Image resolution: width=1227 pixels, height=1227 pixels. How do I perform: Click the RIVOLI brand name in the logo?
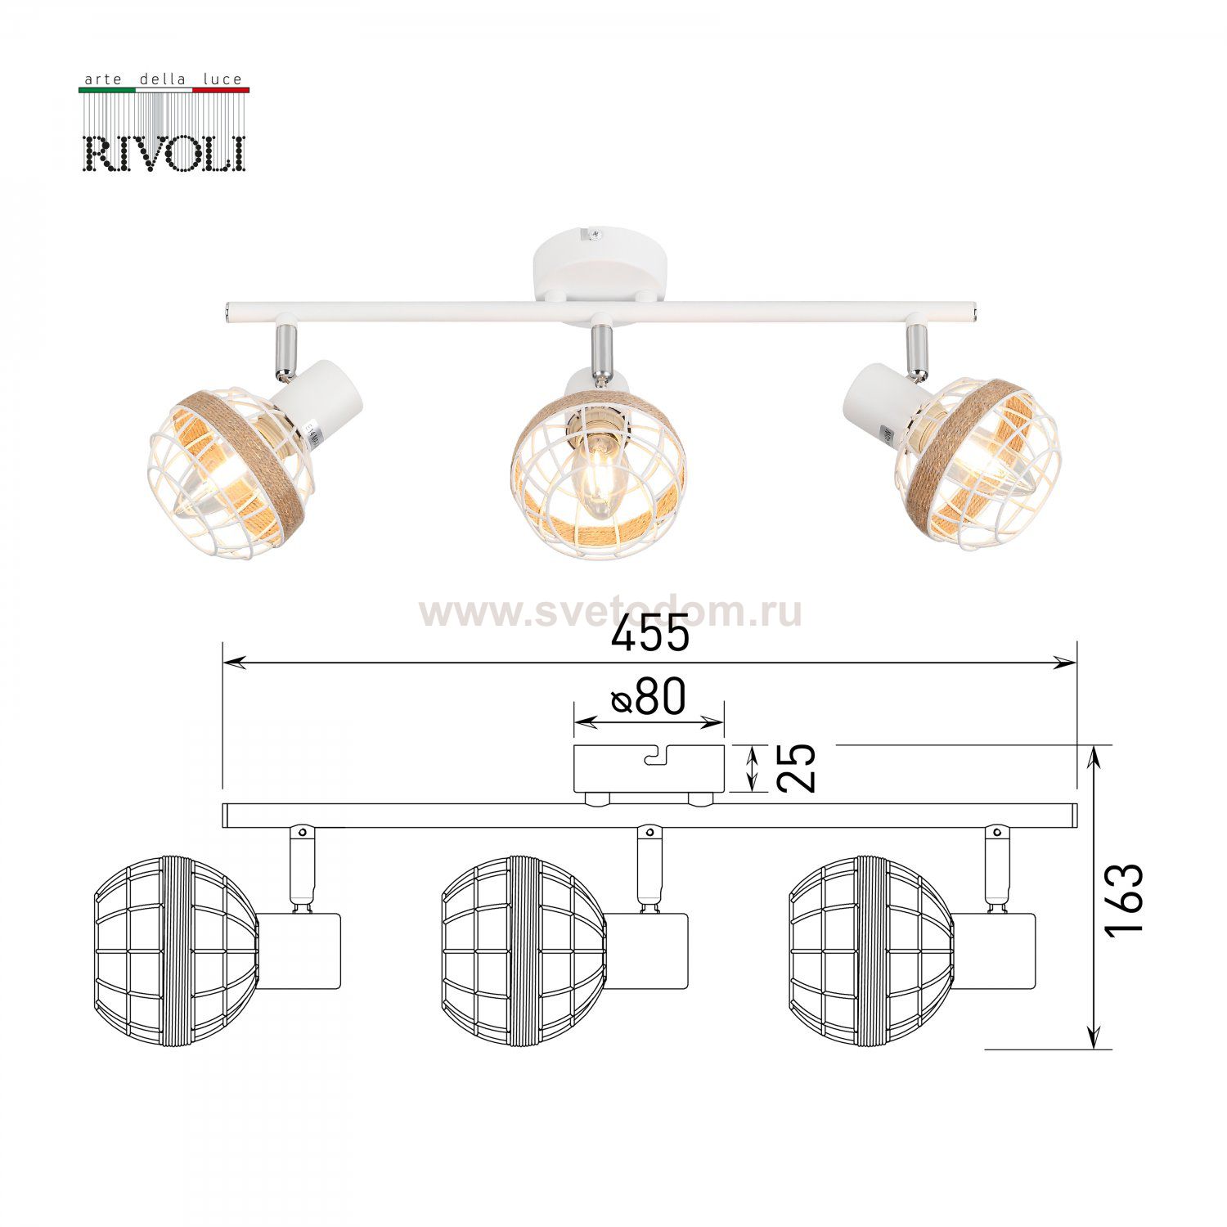[164, 153]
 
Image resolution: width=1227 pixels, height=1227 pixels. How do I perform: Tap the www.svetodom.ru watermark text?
[610, 611]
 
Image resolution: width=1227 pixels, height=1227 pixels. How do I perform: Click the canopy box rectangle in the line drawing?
[649, 769]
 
